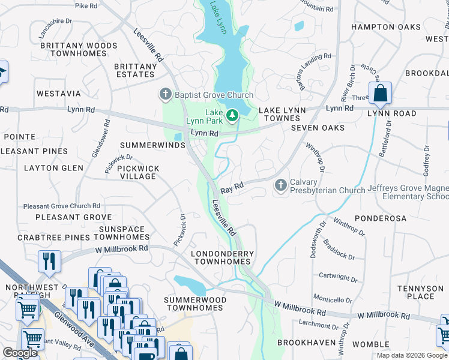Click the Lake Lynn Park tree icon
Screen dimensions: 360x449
coord(232,115)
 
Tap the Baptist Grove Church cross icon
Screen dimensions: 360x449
coord(165,94)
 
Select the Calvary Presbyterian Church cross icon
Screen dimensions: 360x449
coord(280,186)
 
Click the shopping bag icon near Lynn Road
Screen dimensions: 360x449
coord(380,94)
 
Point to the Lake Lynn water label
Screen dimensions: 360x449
coord(218,18)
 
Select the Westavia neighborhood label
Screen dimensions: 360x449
coord(58,94)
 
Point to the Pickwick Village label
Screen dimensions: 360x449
coord(138,173)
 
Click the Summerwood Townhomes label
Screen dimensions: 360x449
coord(195,304)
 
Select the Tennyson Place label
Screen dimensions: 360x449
coord(420,292)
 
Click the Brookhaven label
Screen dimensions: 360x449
coord(303,343)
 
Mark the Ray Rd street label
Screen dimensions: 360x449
coord(232,188)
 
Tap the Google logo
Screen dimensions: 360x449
coord(20,353)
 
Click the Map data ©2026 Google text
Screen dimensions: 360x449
coord(411,355)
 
